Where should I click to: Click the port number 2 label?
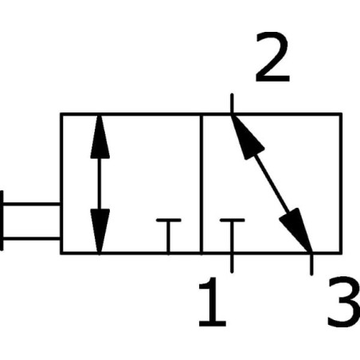(x=272, y=57)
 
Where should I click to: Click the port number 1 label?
(x=213, y=302)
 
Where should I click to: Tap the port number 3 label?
(x=344, y=302)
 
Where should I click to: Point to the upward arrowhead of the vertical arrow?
(x=100, y=136)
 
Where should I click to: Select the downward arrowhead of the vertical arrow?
(x=100, y=231)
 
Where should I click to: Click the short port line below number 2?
(x=232, y=104)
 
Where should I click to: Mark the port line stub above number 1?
(x=232, y=263)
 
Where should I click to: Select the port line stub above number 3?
(x=311, y=264)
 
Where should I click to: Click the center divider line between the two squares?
(x=202, y=184)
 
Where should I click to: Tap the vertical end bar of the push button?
(x=2, y=221)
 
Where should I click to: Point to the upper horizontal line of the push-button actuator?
(x=32, y=204)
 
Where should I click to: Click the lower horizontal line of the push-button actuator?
(x=32, y=238)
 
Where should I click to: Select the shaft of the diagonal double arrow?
(x=272, y=183)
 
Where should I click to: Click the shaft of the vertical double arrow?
(x=100, y=184)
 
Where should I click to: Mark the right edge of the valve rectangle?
(x=340, y=184)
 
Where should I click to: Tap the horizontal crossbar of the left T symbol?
(x=169, y=220)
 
